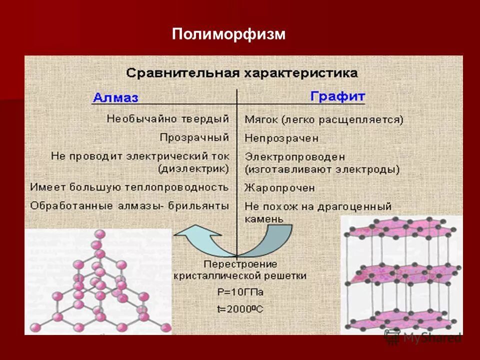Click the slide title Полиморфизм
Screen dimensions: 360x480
[228, 34]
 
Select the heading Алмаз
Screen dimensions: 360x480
[115, 97]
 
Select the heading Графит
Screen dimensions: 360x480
[337, 96]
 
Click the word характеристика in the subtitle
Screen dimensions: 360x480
[301, 73]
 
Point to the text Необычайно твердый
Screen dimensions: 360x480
[167, 119]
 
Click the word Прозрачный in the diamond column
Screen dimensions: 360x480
[194, 137]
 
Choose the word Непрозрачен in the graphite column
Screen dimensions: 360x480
[281, 137]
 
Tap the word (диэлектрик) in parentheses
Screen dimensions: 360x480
[193, 169]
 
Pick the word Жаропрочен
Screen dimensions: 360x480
[279, 188]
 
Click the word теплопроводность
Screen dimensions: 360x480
[186, 187]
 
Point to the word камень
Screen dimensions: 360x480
[264, 218]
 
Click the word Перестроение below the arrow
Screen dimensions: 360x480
[240, 264]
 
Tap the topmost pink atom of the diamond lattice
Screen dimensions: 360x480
[100, 233]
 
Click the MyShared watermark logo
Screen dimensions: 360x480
[422, 337]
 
